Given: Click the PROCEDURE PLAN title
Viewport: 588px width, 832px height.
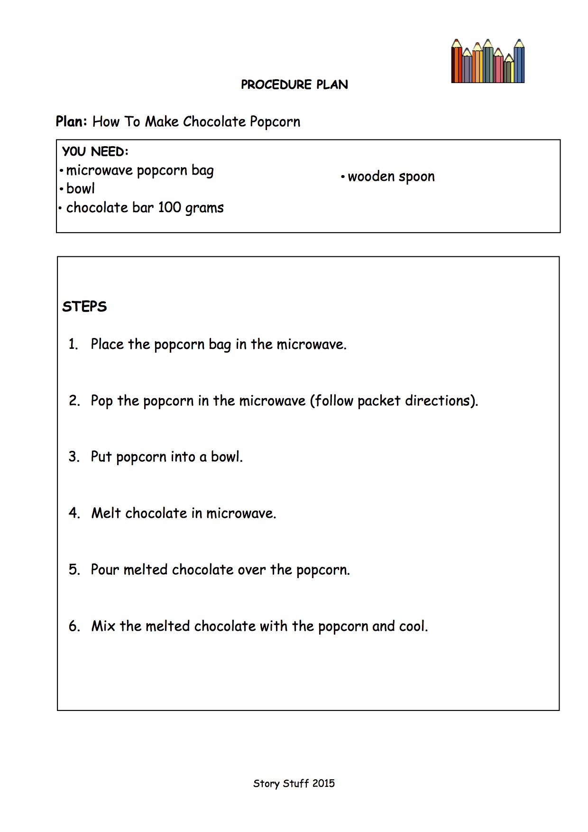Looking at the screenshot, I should pyautogui.click(x=294, y=84).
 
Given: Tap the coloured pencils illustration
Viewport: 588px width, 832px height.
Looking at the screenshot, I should pyautogui.click(x=487, y=62).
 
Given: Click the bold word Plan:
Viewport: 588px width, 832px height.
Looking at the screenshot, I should pyautogui.click(x=71, y=122).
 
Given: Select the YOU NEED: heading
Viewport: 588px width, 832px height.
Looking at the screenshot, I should pyautogui.click(x=95, y=151).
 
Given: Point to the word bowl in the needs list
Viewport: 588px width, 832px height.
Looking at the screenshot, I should pyautogui.click(x=80, y=189).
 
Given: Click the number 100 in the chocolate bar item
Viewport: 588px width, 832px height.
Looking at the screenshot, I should pyautogui.click(x=169, y=207).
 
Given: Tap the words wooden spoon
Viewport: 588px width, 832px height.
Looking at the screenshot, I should pyautogui.click(x=391, y=177).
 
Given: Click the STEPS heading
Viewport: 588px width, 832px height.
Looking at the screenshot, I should pyautogui.click(x=84, y=307).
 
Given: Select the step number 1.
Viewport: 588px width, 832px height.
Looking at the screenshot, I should pyautogui.click(x=73, y=344).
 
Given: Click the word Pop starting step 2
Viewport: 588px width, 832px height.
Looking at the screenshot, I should pyautogui.click(x=101, y=401).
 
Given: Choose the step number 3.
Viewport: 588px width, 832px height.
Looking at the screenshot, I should pyautogui.click(x=73, y=457).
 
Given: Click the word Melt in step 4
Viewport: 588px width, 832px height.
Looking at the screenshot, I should pyautogui.click(x=106, y=513).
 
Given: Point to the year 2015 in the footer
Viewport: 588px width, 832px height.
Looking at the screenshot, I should pyautogui.click(x=323, y=784).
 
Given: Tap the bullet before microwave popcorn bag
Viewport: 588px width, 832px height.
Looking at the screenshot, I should pyautogui.click(x=62, y=170).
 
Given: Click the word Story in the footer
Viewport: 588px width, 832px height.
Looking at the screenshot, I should pyautogui.click(x=266, y=784).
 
